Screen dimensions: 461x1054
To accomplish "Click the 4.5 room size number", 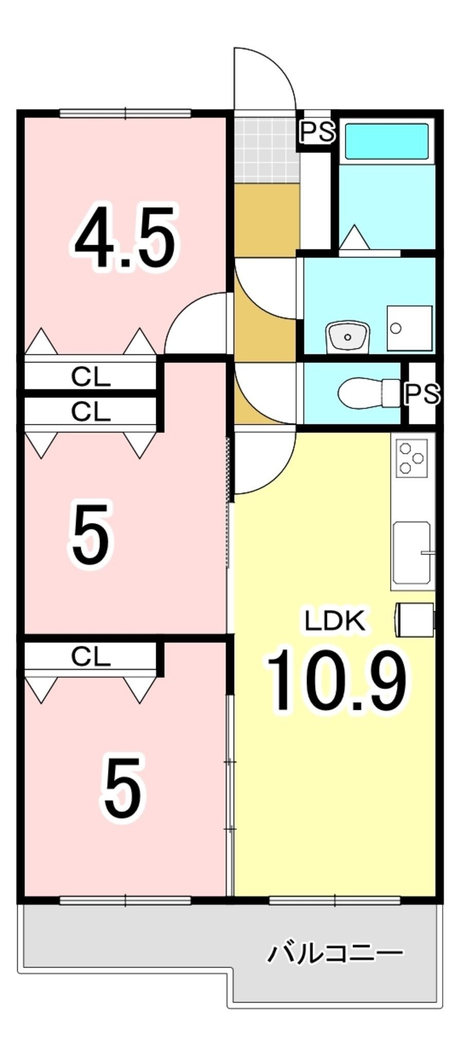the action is coord(125,237).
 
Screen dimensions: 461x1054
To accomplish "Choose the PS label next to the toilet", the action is coord(422,394).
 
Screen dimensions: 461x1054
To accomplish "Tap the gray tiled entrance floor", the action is coord(266,149).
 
